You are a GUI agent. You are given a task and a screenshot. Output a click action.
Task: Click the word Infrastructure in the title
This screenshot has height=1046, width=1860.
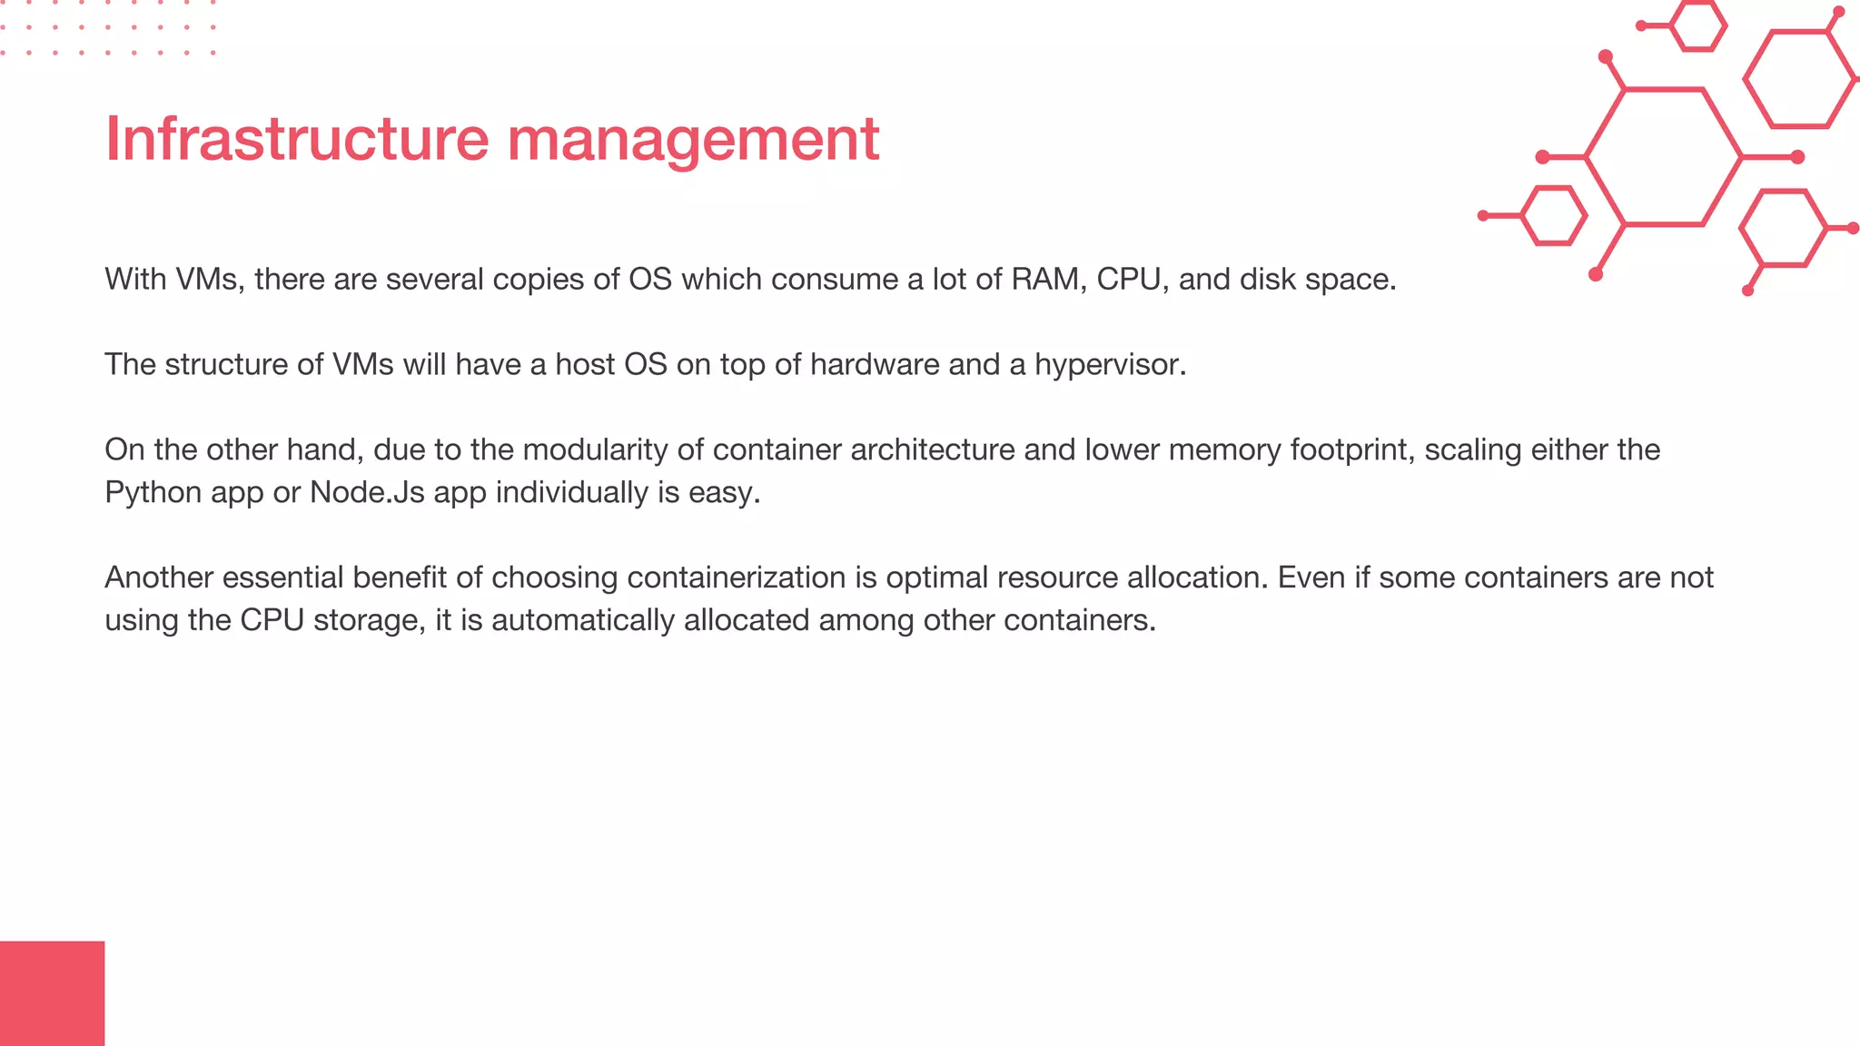[297, 139]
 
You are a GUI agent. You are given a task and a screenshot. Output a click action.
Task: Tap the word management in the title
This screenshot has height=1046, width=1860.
[693, 141]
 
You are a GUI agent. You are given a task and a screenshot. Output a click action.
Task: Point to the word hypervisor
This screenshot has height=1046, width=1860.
[1109, 365]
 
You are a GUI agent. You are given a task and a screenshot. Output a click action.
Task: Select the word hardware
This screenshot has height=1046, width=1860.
[874, 364]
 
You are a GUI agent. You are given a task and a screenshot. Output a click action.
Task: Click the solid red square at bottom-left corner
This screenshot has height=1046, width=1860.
[52, 993]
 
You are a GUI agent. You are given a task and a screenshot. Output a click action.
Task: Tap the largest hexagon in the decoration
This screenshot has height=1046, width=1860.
[1664, 157]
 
